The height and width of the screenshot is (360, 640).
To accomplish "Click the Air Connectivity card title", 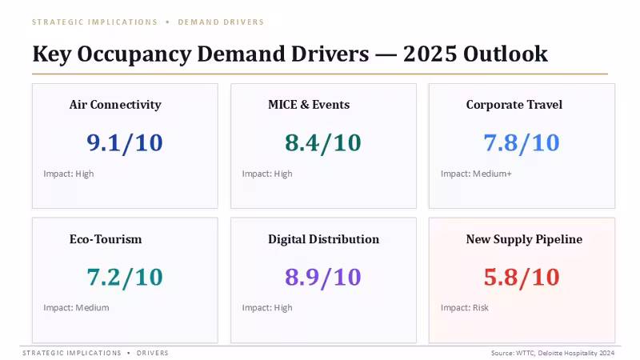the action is coord(115,105).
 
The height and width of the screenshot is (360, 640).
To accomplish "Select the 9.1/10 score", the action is coord(125,143).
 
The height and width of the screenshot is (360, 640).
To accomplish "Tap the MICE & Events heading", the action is coord(309,105).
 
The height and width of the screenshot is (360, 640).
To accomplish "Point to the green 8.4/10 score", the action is coord(323,143).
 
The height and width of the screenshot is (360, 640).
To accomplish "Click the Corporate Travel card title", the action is coord(514,105).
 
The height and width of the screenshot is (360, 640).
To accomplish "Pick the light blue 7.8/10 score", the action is coord(522,143).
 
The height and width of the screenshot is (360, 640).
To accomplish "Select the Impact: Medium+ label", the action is coord(476,174).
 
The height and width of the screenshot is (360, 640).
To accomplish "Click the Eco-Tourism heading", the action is coord(106,239).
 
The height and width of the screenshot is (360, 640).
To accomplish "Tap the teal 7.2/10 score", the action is coord(125,277).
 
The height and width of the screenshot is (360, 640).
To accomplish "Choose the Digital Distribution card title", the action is coord(324,239).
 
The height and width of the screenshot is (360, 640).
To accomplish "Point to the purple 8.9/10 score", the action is coord(323,277).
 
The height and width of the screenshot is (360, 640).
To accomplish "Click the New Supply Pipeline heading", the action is coord(525,239).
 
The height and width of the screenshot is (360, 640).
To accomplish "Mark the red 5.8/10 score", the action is coord(522,277).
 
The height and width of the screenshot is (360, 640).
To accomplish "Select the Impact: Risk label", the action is coord(465,308).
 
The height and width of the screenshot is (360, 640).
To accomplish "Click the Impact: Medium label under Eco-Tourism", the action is coord(76,308).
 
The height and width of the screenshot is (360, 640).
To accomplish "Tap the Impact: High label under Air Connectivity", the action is coord(69,174).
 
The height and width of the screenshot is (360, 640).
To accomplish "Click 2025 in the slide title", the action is coord(430,54).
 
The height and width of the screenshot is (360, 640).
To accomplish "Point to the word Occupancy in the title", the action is coord(134,54).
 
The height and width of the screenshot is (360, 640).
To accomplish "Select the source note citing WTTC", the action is coord(553,353).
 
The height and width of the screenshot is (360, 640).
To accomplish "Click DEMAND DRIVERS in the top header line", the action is coord(221,22).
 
